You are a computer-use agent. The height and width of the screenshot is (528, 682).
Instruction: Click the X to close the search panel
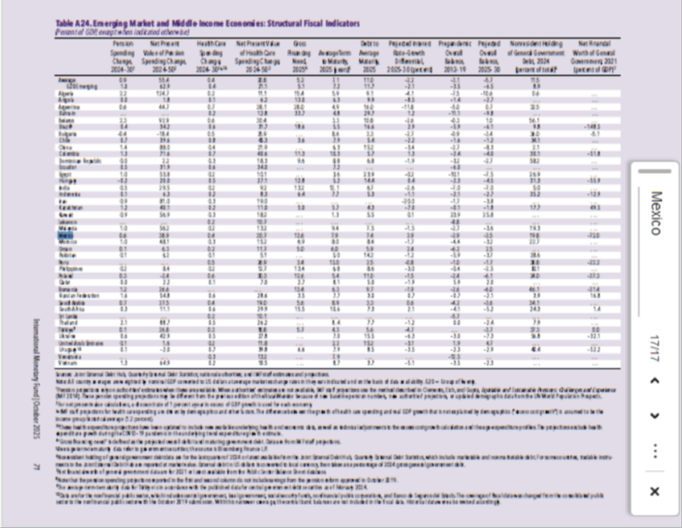654,491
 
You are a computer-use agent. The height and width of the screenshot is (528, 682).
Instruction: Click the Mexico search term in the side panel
655,217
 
